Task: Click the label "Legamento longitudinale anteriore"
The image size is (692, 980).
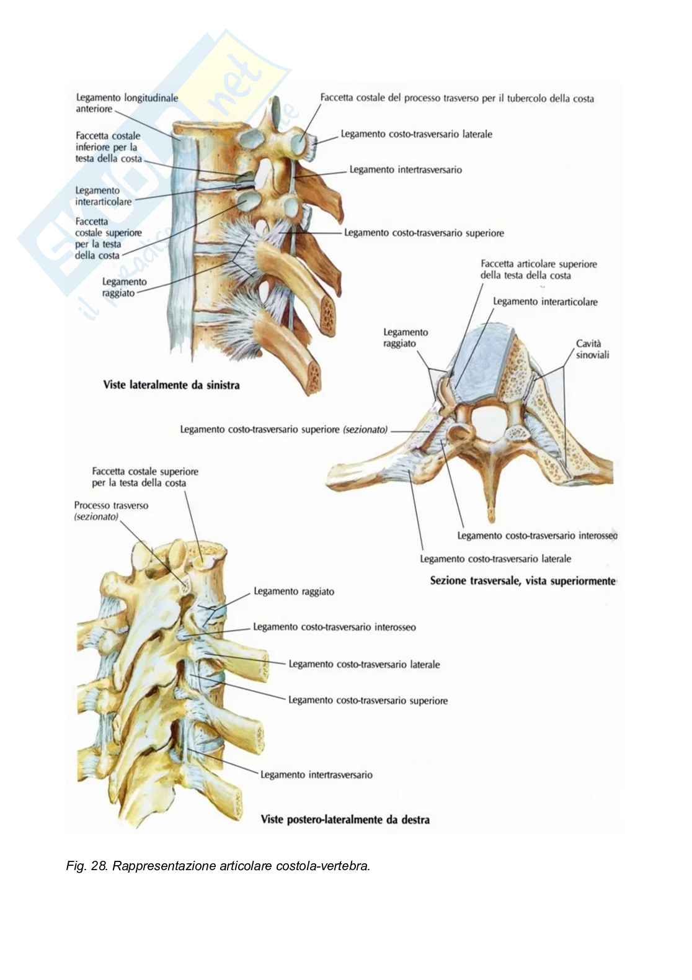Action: (x=126, y=103)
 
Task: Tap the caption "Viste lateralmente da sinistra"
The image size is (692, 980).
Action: (x=171, y=385)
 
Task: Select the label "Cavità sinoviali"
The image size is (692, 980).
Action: (x=592, y=349)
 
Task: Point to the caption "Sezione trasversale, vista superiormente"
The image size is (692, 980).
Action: (x=523, y=581)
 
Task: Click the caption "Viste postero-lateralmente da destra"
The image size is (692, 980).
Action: (x=345, y=819)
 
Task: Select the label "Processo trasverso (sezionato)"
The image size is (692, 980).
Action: (x=111, y=511)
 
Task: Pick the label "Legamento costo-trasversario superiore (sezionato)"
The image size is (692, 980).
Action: (x=284, y=429)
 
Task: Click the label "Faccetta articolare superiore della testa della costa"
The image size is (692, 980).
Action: (x=539, y=269)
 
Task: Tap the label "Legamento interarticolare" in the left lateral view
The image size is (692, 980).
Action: (x=104, y=196)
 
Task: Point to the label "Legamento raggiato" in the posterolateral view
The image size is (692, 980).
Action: (x=294, y=591)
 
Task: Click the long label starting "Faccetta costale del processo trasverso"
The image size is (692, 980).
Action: (x=457, y=98)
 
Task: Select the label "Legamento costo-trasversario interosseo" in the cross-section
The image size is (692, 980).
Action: (x=537, y=536)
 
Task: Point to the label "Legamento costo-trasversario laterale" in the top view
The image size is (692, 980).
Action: (x=416, y=134)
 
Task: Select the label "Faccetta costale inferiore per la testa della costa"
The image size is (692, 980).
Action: (x=109, y=147)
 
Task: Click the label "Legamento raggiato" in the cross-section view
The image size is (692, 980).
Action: (x=406, y=338)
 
